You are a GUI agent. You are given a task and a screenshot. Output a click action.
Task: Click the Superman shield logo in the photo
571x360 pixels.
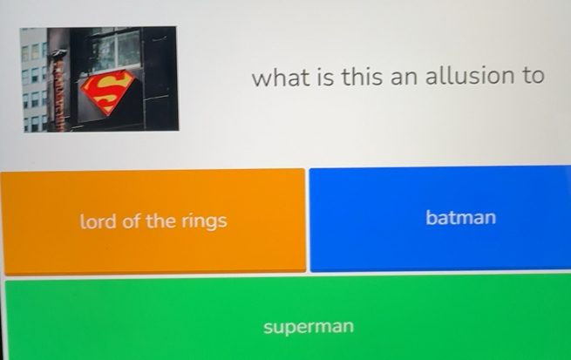tap(108, 92)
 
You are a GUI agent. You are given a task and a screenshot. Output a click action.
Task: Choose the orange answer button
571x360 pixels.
tap(153, 221)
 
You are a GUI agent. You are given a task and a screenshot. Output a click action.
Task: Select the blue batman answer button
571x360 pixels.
tap(440, 219)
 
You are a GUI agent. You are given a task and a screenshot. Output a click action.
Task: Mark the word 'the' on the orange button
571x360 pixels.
tap(160, 221)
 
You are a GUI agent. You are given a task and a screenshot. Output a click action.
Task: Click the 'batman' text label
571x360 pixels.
tap(460, 217)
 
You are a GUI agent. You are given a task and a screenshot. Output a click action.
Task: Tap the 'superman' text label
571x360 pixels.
tap(309, 328)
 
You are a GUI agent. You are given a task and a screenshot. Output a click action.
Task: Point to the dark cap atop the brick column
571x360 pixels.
tap(59, 56)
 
